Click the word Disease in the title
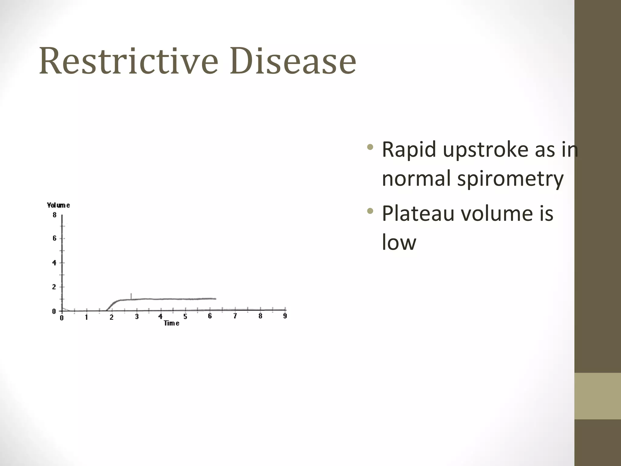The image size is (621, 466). (293, 61)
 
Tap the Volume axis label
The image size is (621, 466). (59, 205)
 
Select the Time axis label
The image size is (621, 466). (172, 323)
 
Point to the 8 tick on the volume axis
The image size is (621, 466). (55, 215)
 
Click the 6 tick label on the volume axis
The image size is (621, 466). (55, 238)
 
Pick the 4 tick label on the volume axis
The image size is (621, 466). (55, 263)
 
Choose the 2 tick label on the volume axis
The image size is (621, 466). (54, 287)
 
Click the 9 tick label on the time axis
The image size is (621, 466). (285, 316)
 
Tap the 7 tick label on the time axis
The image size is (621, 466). (235, 316)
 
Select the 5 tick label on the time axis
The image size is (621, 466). (185, 317)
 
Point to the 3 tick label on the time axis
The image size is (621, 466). (137, 317)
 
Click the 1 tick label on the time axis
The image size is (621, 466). (86, 317)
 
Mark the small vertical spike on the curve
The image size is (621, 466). (131, 295)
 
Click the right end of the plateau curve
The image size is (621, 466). (215, 299)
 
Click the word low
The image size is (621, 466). (399, 242)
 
